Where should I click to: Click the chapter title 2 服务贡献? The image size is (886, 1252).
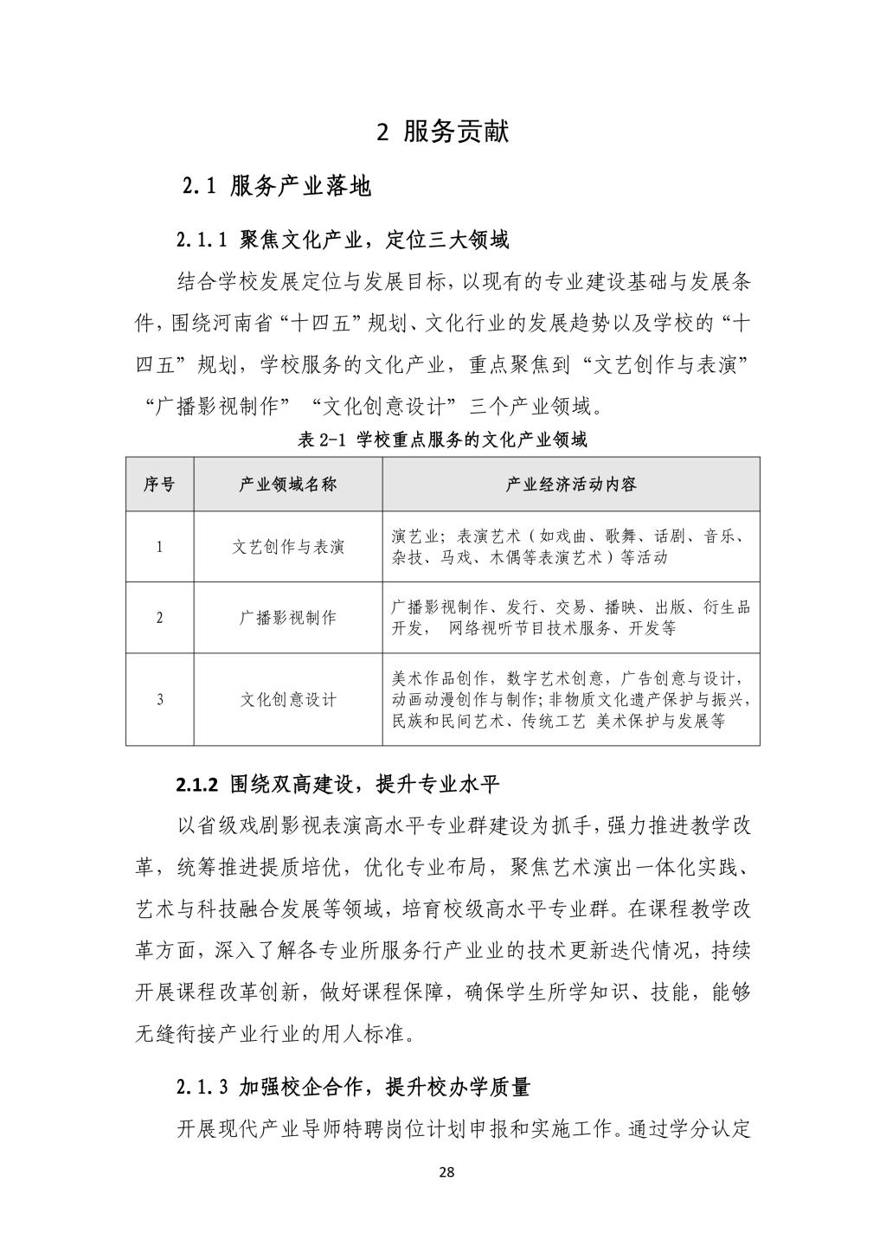(443, 132)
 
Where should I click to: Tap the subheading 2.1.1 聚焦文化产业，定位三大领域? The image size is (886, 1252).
(343, 240)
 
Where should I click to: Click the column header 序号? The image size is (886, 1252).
(159, 485)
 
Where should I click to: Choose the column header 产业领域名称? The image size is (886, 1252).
(288, 485)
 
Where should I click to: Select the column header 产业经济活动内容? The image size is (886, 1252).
(570, 485)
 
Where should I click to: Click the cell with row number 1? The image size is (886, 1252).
(159, 547)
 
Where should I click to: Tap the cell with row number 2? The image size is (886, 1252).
(159, 618)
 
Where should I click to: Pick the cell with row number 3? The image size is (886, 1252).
(159, 699)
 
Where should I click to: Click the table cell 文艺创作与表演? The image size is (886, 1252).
(288, 547)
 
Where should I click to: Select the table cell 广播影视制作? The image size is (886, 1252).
(288, 618)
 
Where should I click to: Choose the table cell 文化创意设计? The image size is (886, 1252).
(288, 699)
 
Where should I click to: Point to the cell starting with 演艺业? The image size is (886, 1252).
(570, 547)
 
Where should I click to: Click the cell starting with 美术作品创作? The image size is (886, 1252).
(570, 699)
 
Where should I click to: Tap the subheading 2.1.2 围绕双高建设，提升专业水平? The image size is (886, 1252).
(338, 785)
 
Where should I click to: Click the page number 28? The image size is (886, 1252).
(446, 1173)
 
